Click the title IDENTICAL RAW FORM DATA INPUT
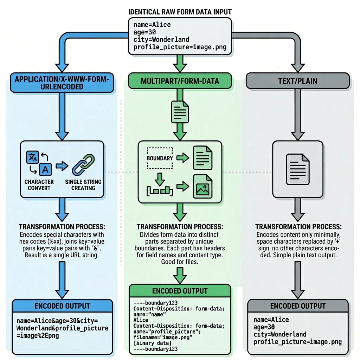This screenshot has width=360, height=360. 180,12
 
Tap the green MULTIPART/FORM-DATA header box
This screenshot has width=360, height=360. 180,81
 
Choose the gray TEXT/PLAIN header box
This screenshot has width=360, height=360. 297,81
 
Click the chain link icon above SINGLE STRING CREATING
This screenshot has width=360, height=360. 83,164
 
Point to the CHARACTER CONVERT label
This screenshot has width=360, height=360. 39,185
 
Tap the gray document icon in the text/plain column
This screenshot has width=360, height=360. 297,168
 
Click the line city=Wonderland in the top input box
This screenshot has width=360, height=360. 161,39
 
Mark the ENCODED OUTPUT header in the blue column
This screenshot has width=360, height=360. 62,306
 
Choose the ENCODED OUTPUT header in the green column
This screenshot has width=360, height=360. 180,291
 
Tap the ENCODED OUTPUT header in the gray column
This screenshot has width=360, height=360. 298,306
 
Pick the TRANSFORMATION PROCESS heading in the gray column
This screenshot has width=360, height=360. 298,227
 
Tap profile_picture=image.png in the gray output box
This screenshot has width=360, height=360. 297,342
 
